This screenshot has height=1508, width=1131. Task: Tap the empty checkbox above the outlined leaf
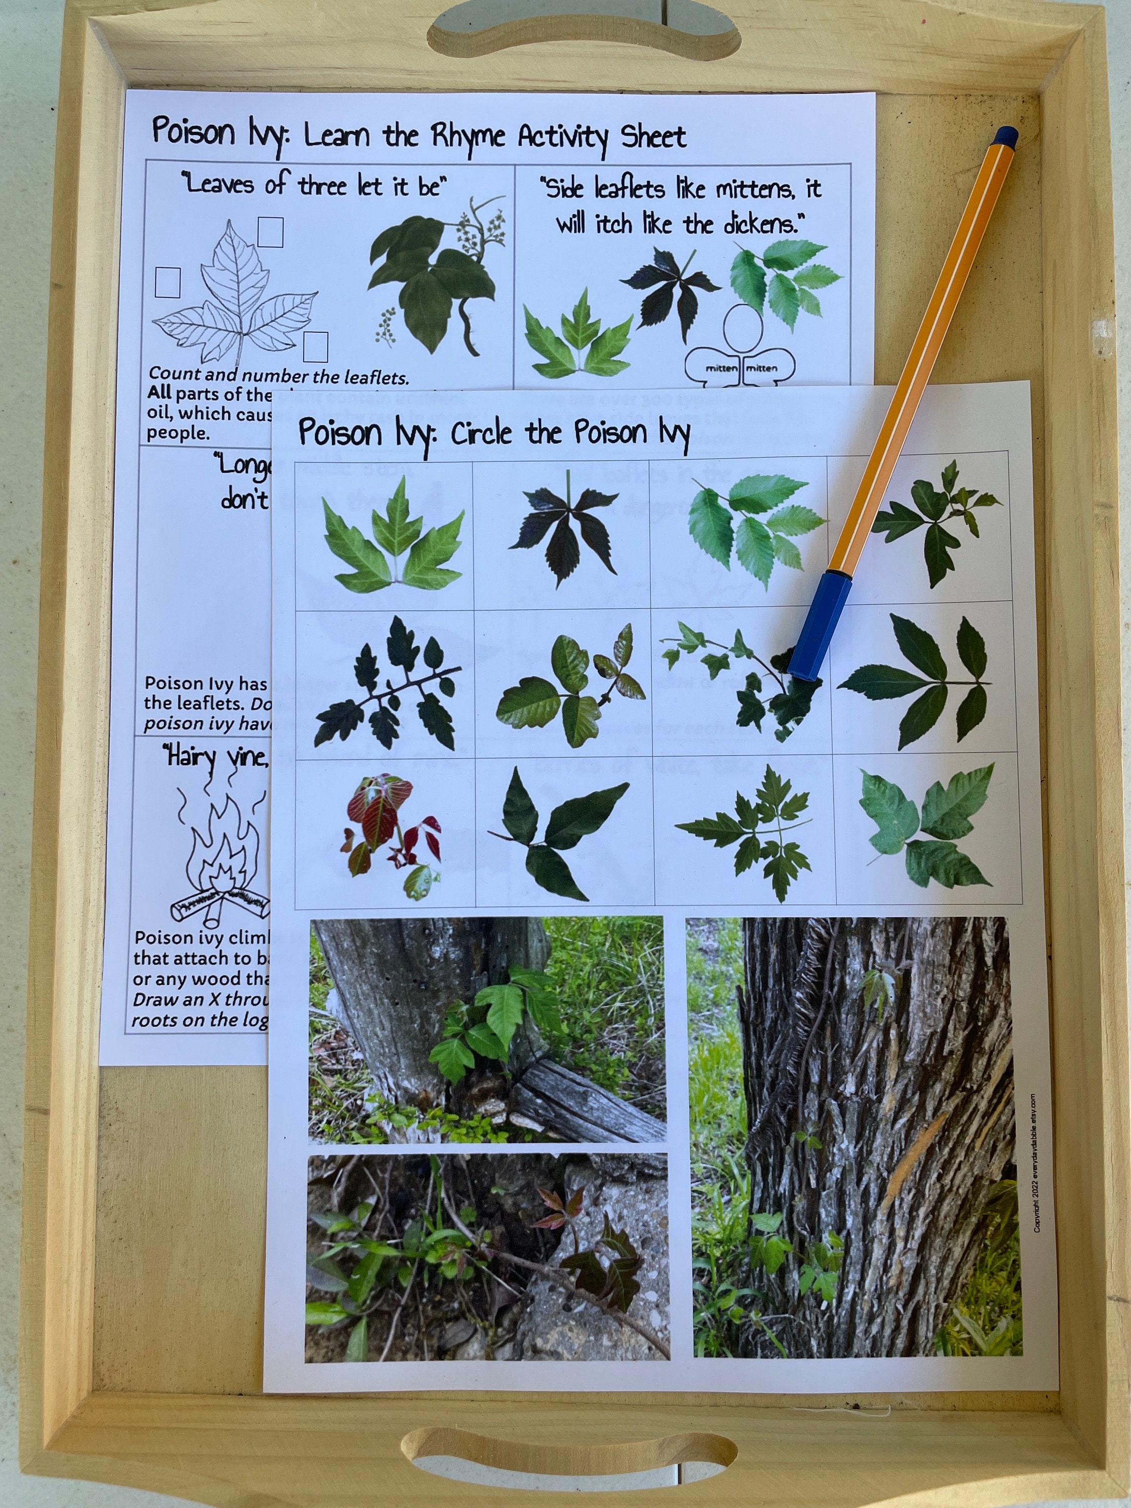coord(270,232)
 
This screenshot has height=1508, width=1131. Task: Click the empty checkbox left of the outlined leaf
coord(168,282)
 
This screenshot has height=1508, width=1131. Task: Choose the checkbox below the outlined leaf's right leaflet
coord(315,347)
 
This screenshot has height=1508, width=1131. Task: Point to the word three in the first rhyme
coord(323,185)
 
